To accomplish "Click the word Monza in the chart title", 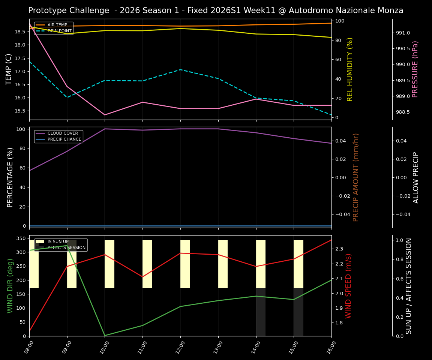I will pos(390,10).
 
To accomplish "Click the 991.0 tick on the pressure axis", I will pos(403,33).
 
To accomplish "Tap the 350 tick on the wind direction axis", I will pos(21,238).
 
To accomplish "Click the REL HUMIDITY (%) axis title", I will pos(350,69).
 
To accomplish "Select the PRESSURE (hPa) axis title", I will pos(415,69).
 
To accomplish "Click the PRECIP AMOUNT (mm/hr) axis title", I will pos(356,177).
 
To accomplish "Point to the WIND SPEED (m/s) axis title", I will pos(349,286).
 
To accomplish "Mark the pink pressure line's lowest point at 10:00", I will pos(105,115).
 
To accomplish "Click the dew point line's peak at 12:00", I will pos(180,70).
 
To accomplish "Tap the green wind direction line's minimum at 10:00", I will pos(105,335).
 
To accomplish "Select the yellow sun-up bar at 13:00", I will pos(223,264).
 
